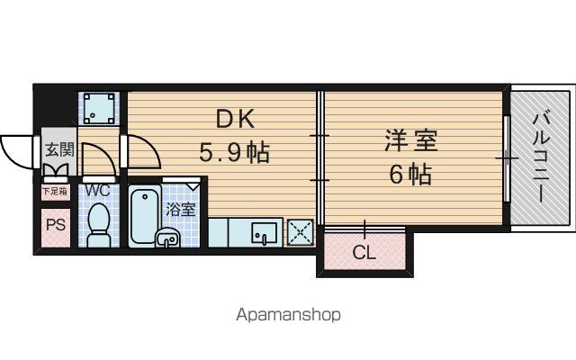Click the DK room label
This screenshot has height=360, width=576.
[x=235, y=119]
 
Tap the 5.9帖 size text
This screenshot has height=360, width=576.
[x=234, y=152]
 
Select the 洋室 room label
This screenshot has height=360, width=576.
[x=411, y=140]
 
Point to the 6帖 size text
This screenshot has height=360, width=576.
[x=410, y=174]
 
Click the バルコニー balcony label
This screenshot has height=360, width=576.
[x=542, y=157]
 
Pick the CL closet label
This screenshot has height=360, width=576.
[x=364, y=252]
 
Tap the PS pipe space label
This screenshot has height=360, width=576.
[x=56, y=224]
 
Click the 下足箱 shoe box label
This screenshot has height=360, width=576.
[x=55, y=191]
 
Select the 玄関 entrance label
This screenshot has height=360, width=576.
[x=59, y=150]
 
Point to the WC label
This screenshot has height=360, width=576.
[x=98, y=190]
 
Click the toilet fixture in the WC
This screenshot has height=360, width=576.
[x=98, y=225]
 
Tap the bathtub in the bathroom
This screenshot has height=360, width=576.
[x=145, y=216]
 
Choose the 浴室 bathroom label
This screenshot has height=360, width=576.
[x=180, y=210]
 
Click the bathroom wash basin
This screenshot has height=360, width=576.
[x=167, y=238]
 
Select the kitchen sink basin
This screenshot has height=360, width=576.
[x=264, y=233]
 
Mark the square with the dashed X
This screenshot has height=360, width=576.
[x=301, y=232]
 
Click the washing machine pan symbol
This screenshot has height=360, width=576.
[x=98, y=109]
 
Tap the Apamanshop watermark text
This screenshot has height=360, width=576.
[x=288, y=315]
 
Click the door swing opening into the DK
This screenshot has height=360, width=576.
[x=144, y=151]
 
